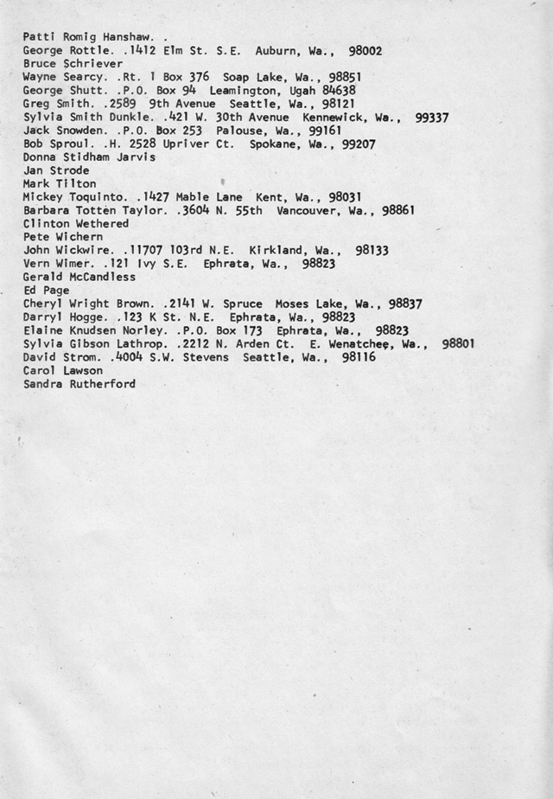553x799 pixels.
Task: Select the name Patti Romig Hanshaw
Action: point(88,38)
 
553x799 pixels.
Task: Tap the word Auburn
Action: point(276,51)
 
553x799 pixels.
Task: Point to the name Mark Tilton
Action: point(60,183)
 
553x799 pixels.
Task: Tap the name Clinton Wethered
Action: point(76,223)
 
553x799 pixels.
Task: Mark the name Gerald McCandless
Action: point(79,277)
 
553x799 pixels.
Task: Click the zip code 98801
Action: point(458,343)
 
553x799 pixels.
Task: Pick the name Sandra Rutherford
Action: point(79,383)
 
